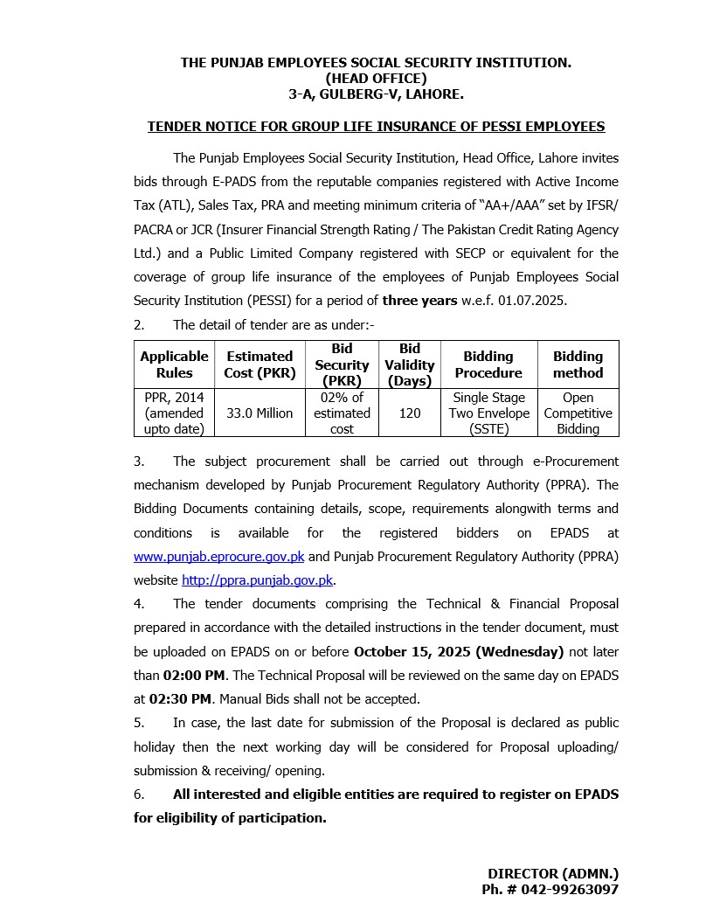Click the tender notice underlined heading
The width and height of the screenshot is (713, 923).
[376, 127]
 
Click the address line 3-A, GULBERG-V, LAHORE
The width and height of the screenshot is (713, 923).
[376, 93]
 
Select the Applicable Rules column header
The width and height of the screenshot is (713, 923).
[174, 364]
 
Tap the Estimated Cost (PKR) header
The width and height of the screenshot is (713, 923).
[260, 364]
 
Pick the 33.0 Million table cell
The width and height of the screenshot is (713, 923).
[260, 413]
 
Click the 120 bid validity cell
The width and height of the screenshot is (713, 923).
[410, 413]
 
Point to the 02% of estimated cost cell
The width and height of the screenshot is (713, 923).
[342, 413]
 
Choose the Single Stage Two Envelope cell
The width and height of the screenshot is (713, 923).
[488, 413]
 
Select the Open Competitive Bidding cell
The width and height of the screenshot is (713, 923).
[578, 413]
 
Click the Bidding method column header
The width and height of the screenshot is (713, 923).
[578, 364]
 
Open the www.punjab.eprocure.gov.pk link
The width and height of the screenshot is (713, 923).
[218, 557]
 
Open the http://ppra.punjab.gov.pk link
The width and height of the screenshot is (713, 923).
[258, 580]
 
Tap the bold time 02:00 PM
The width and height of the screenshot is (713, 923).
[193, 676]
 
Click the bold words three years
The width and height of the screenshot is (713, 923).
[419, 301]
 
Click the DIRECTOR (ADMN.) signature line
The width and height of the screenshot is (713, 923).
[552, 873]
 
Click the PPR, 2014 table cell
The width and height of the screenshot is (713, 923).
[174, 413]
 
